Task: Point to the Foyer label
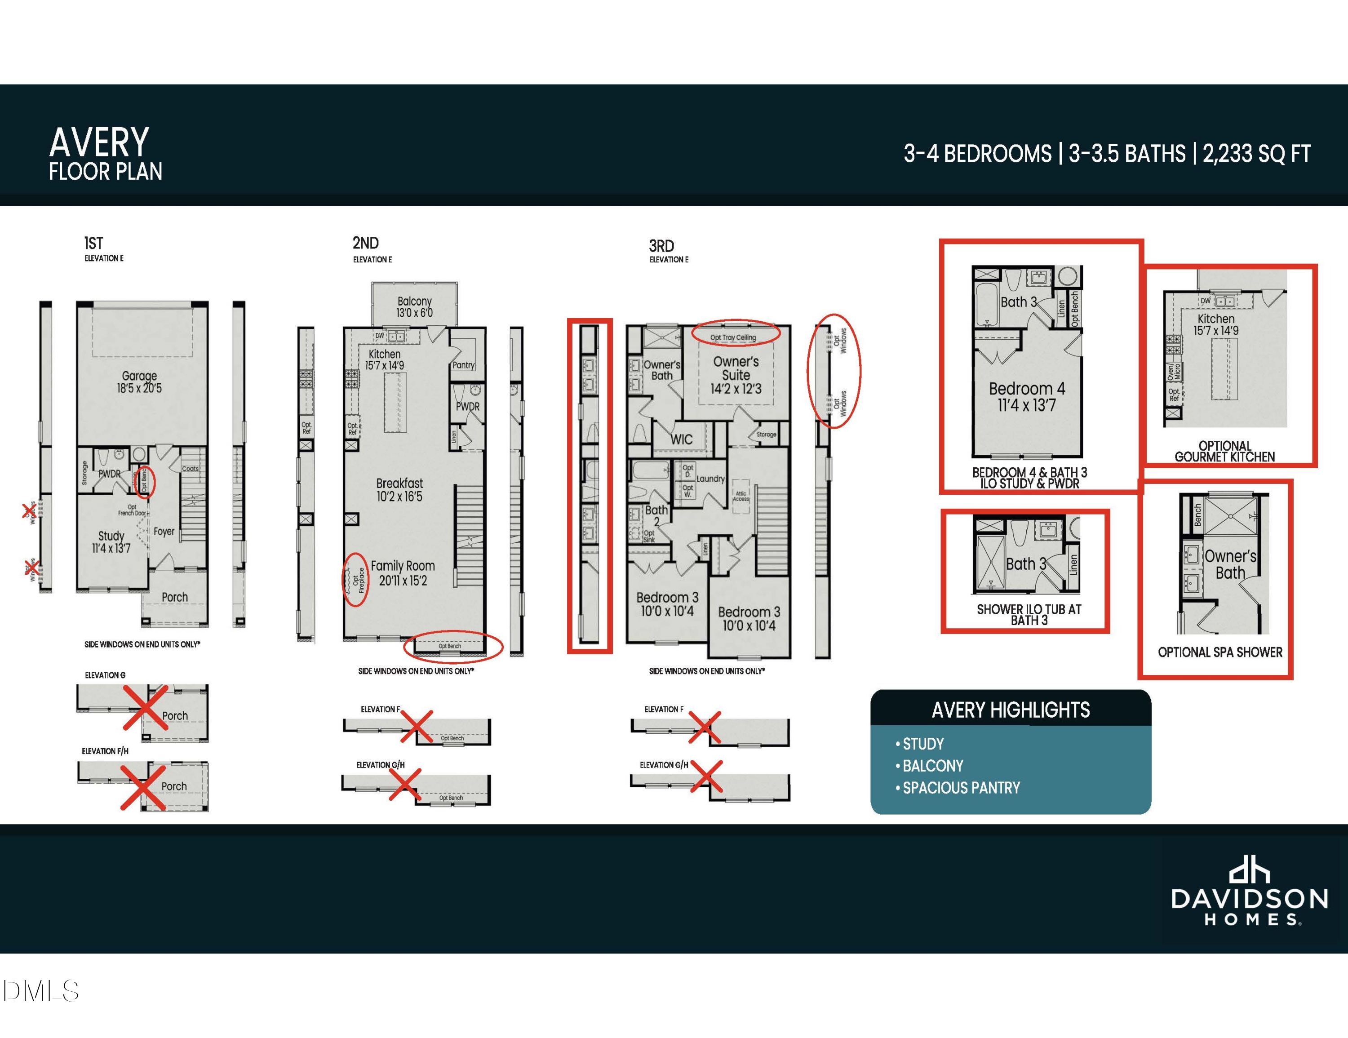pos(164,531)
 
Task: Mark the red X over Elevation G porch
pos(146,707)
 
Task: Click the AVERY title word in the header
pos(99,142)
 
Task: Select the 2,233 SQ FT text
pos(1256,154)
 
